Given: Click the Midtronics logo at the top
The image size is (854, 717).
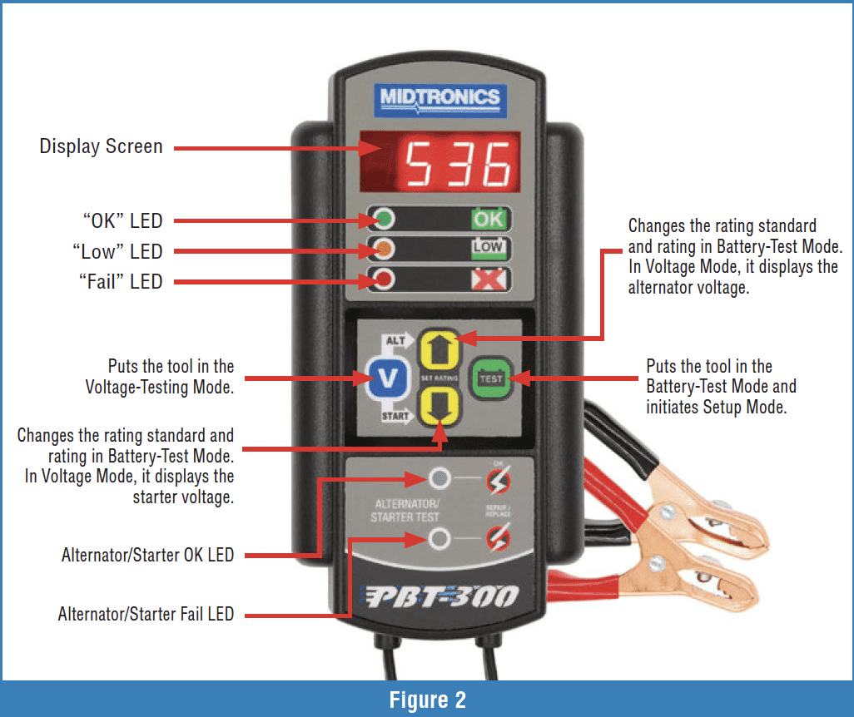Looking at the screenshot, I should (439, 97).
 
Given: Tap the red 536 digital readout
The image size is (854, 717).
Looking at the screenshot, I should (461, 164).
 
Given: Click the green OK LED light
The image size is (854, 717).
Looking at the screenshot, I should (385, 220).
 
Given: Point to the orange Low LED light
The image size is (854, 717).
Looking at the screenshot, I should (385, 250).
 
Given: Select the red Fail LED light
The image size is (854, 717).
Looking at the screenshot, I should (385, 280).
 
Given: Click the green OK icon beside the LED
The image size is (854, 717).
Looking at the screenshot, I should (489, 220).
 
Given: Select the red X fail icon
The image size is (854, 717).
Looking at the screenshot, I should (489, 280).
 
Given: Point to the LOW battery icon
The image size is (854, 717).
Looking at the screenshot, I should (489, 249).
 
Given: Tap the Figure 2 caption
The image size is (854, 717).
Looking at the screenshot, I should (426, 700).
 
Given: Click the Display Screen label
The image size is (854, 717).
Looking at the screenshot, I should (101, 147).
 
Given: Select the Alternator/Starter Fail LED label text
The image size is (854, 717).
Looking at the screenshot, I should (146, 615).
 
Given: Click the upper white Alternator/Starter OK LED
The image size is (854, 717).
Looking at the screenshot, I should (439, 478).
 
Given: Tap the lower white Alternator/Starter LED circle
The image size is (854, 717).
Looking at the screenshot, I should (439, 540).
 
